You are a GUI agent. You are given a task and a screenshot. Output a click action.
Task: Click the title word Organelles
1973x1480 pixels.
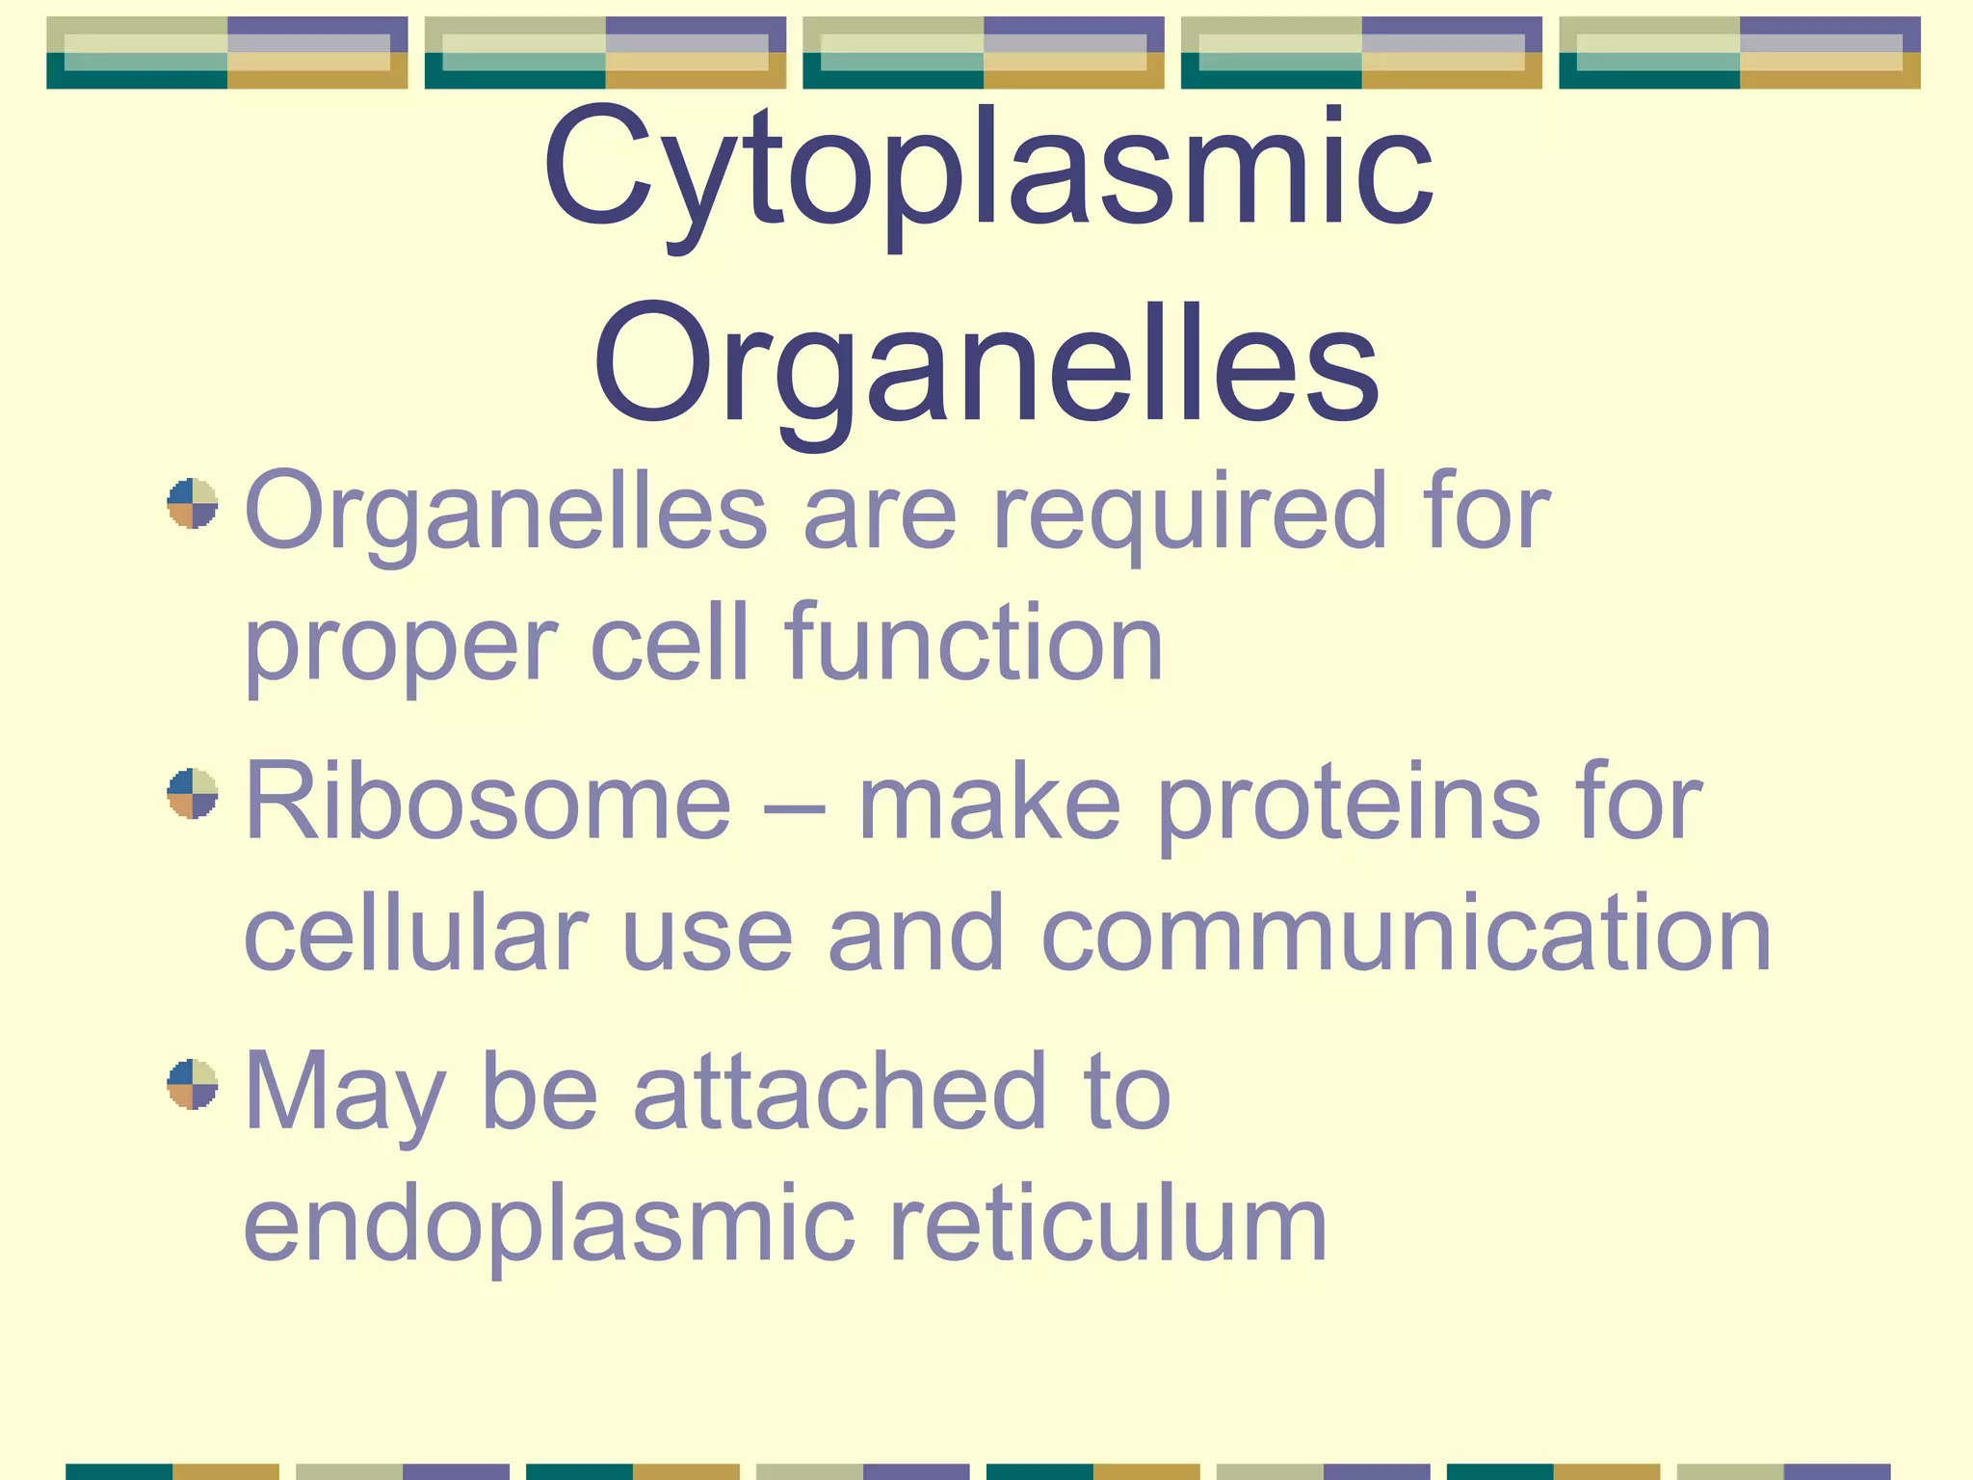(x=986, y=366)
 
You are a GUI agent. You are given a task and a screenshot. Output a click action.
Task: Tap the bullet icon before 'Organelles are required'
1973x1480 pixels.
(x=193, y=503)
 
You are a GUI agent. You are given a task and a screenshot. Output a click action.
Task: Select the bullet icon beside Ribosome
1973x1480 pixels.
(x=193, y=793)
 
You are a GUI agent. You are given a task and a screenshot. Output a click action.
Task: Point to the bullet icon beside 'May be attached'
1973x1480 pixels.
(x=193, y=1084)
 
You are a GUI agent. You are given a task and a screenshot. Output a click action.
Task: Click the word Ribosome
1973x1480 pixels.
(x=487, y=802)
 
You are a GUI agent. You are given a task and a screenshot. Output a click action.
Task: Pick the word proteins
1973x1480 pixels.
(x=1349, y=805)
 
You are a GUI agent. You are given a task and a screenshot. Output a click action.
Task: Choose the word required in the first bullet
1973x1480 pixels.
(x=1185, y=515)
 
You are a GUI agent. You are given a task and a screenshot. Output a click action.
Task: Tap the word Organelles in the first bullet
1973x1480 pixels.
(x=507, y=515)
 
